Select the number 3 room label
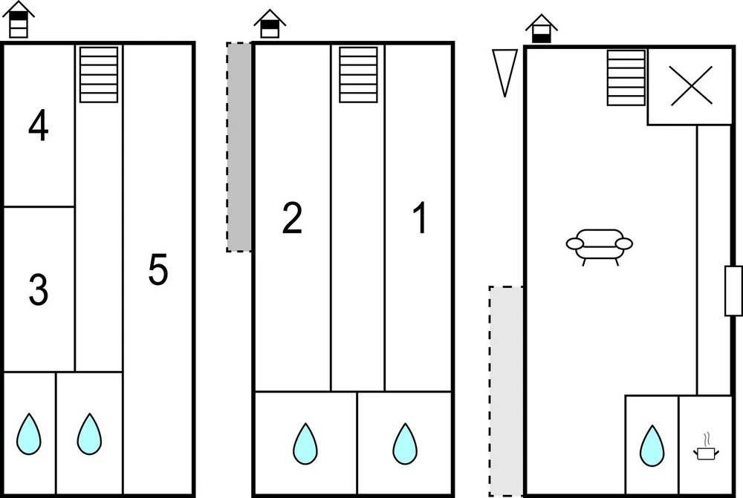click(x=39, y=291)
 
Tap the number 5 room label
click(x=158, y=270)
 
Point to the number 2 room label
click(x=292, y=220)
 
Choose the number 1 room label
click(x=420, y=220)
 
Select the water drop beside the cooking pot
click(x=652, y=445)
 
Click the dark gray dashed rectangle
click(x=239, y=147)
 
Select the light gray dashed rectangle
click(x=507, y=391)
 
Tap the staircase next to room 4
click(x=99, y=75)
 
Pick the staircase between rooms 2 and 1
click(x=358, y=75)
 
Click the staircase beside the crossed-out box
click(x=626, y=78)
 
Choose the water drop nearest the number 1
click(x=405, y=442)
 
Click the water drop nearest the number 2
click(x=305, y=442)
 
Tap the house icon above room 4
click(x=19, y=20)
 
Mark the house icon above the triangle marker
click(x=542, y=29)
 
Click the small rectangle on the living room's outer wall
click(x=733, y=290)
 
